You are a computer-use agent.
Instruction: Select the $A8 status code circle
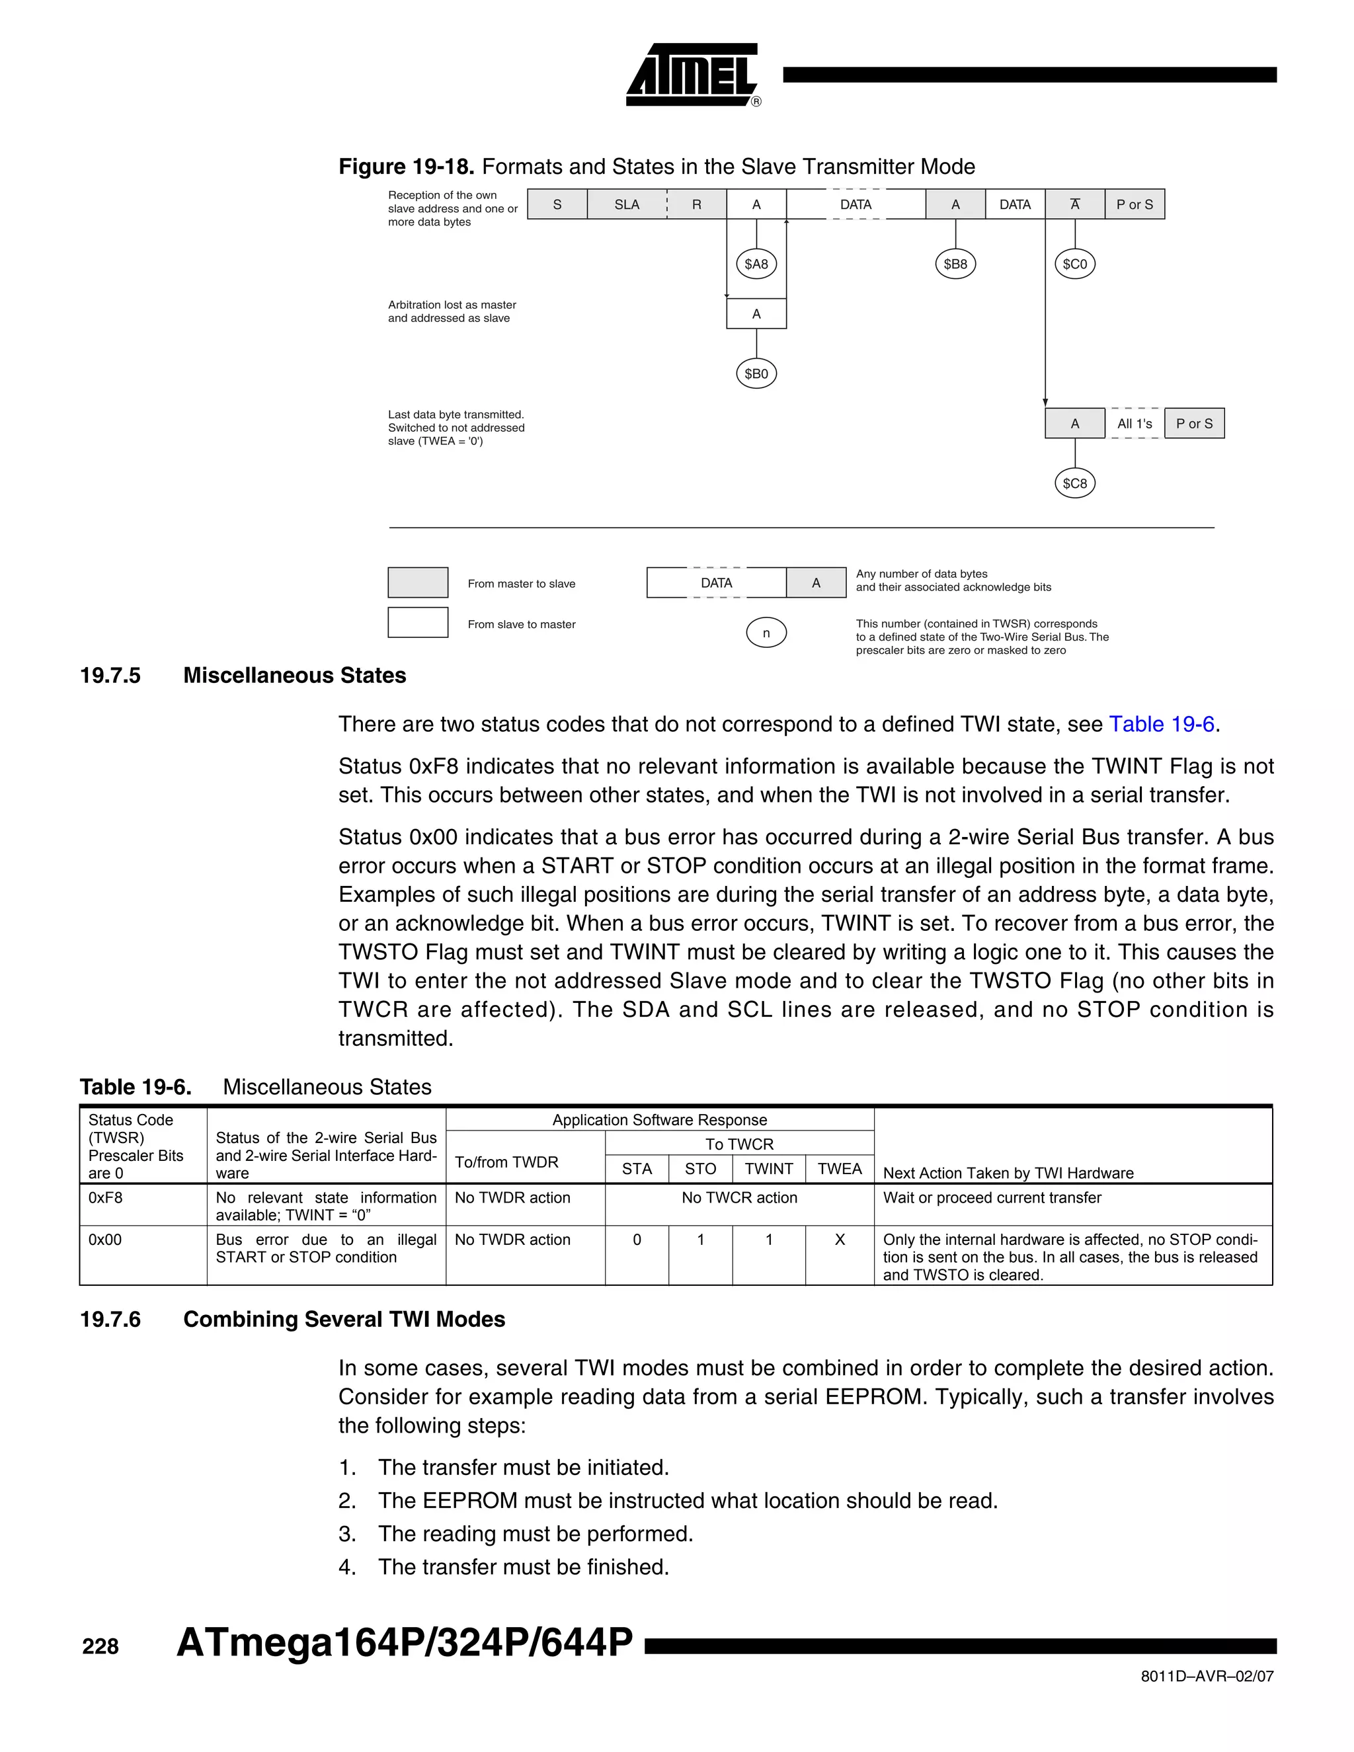tap(756, 264)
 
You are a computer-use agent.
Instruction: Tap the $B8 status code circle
tap(955, 264)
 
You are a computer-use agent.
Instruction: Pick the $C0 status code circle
tap(1074, 264)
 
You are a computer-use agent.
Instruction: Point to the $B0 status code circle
tap(756, 374)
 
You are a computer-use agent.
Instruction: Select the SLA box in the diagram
tap(627, 204)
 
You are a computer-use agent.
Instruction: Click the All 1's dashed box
tap(1135, 424)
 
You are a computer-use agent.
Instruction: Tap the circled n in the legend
tap(766, 633)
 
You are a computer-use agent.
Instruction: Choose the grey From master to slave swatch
tap(418, 582)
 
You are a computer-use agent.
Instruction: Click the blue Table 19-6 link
tap(1161, 725)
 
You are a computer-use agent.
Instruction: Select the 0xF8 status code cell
tap(106, 1198)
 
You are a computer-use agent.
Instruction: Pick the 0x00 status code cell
tap(105, 1240)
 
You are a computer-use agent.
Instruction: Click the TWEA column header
tap(839, 1169)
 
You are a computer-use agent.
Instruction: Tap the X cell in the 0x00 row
tap(839, 1240)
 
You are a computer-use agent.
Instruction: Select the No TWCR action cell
tap(738, 1198)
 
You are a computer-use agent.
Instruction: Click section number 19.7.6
tap(110, 1320)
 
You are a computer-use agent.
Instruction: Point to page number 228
tap(100, 1647)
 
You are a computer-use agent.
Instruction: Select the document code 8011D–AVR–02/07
tap(1207, 1677)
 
